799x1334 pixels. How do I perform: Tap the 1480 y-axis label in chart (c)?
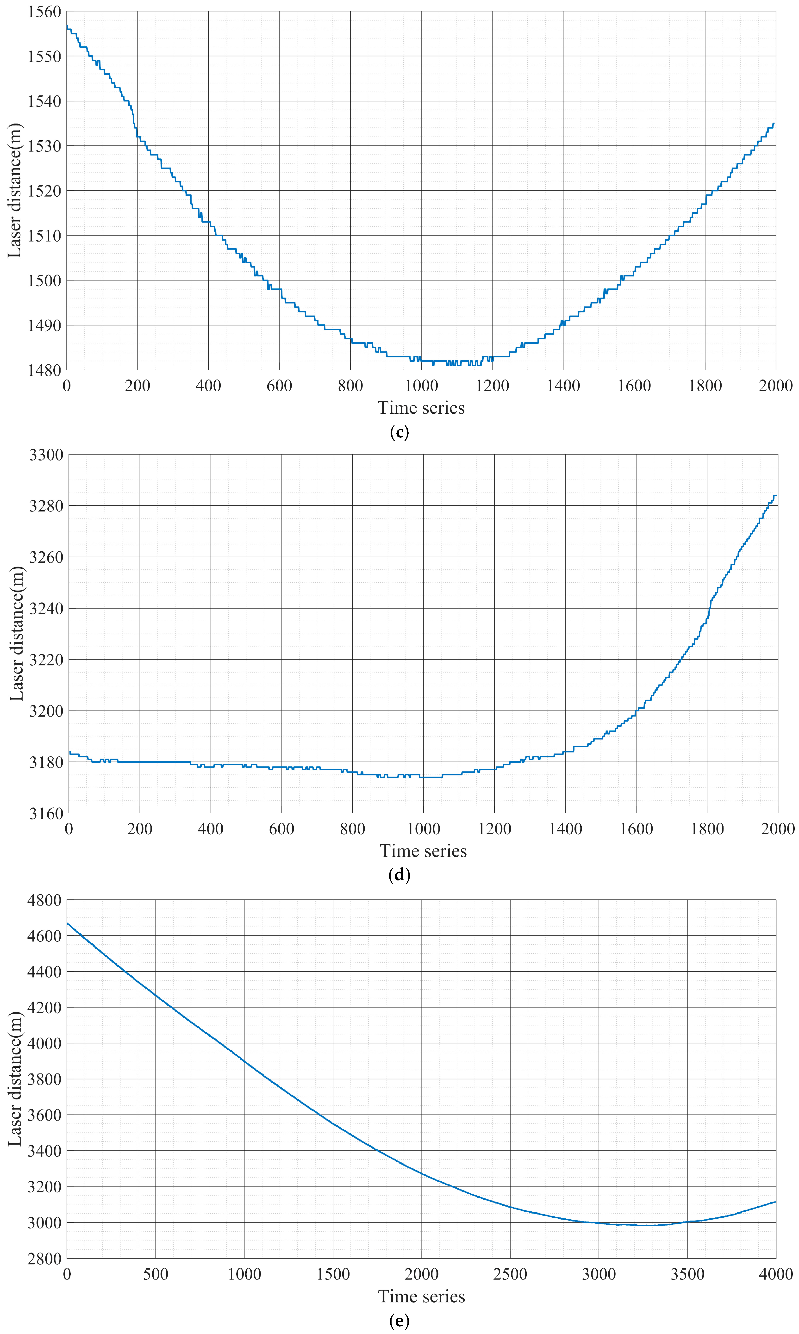pyautogui.click(x=44, y=370)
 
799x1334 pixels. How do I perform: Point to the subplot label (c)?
pyautogui.click(x=399, y=432)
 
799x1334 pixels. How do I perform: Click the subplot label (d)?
pyautogui.click(x=399, y=875)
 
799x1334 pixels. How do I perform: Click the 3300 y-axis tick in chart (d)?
pyautogui.click(x=46, y=455)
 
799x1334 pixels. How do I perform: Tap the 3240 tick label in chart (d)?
pyautogui.click(x=46, y=608)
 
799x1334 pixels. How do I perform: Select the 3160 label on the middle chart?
pyautogui.click(x=46, y=813)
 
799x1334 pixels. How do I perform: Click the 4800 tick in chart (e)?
pyautogui.click(x=44, y=900)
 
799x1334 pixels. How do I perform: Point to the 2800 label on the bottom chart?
pyautogui.click(x=44, y=1259)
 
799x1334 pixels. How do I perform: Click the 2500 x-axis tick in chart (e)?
pyautogui.click(x=510, y=1274)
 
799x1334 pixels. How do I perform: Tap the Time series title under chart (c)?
pyautogui.click(x=421, y=408)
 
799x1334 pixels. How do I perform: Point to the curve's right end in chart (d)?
pyautogui.click(x=776, y=495)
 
